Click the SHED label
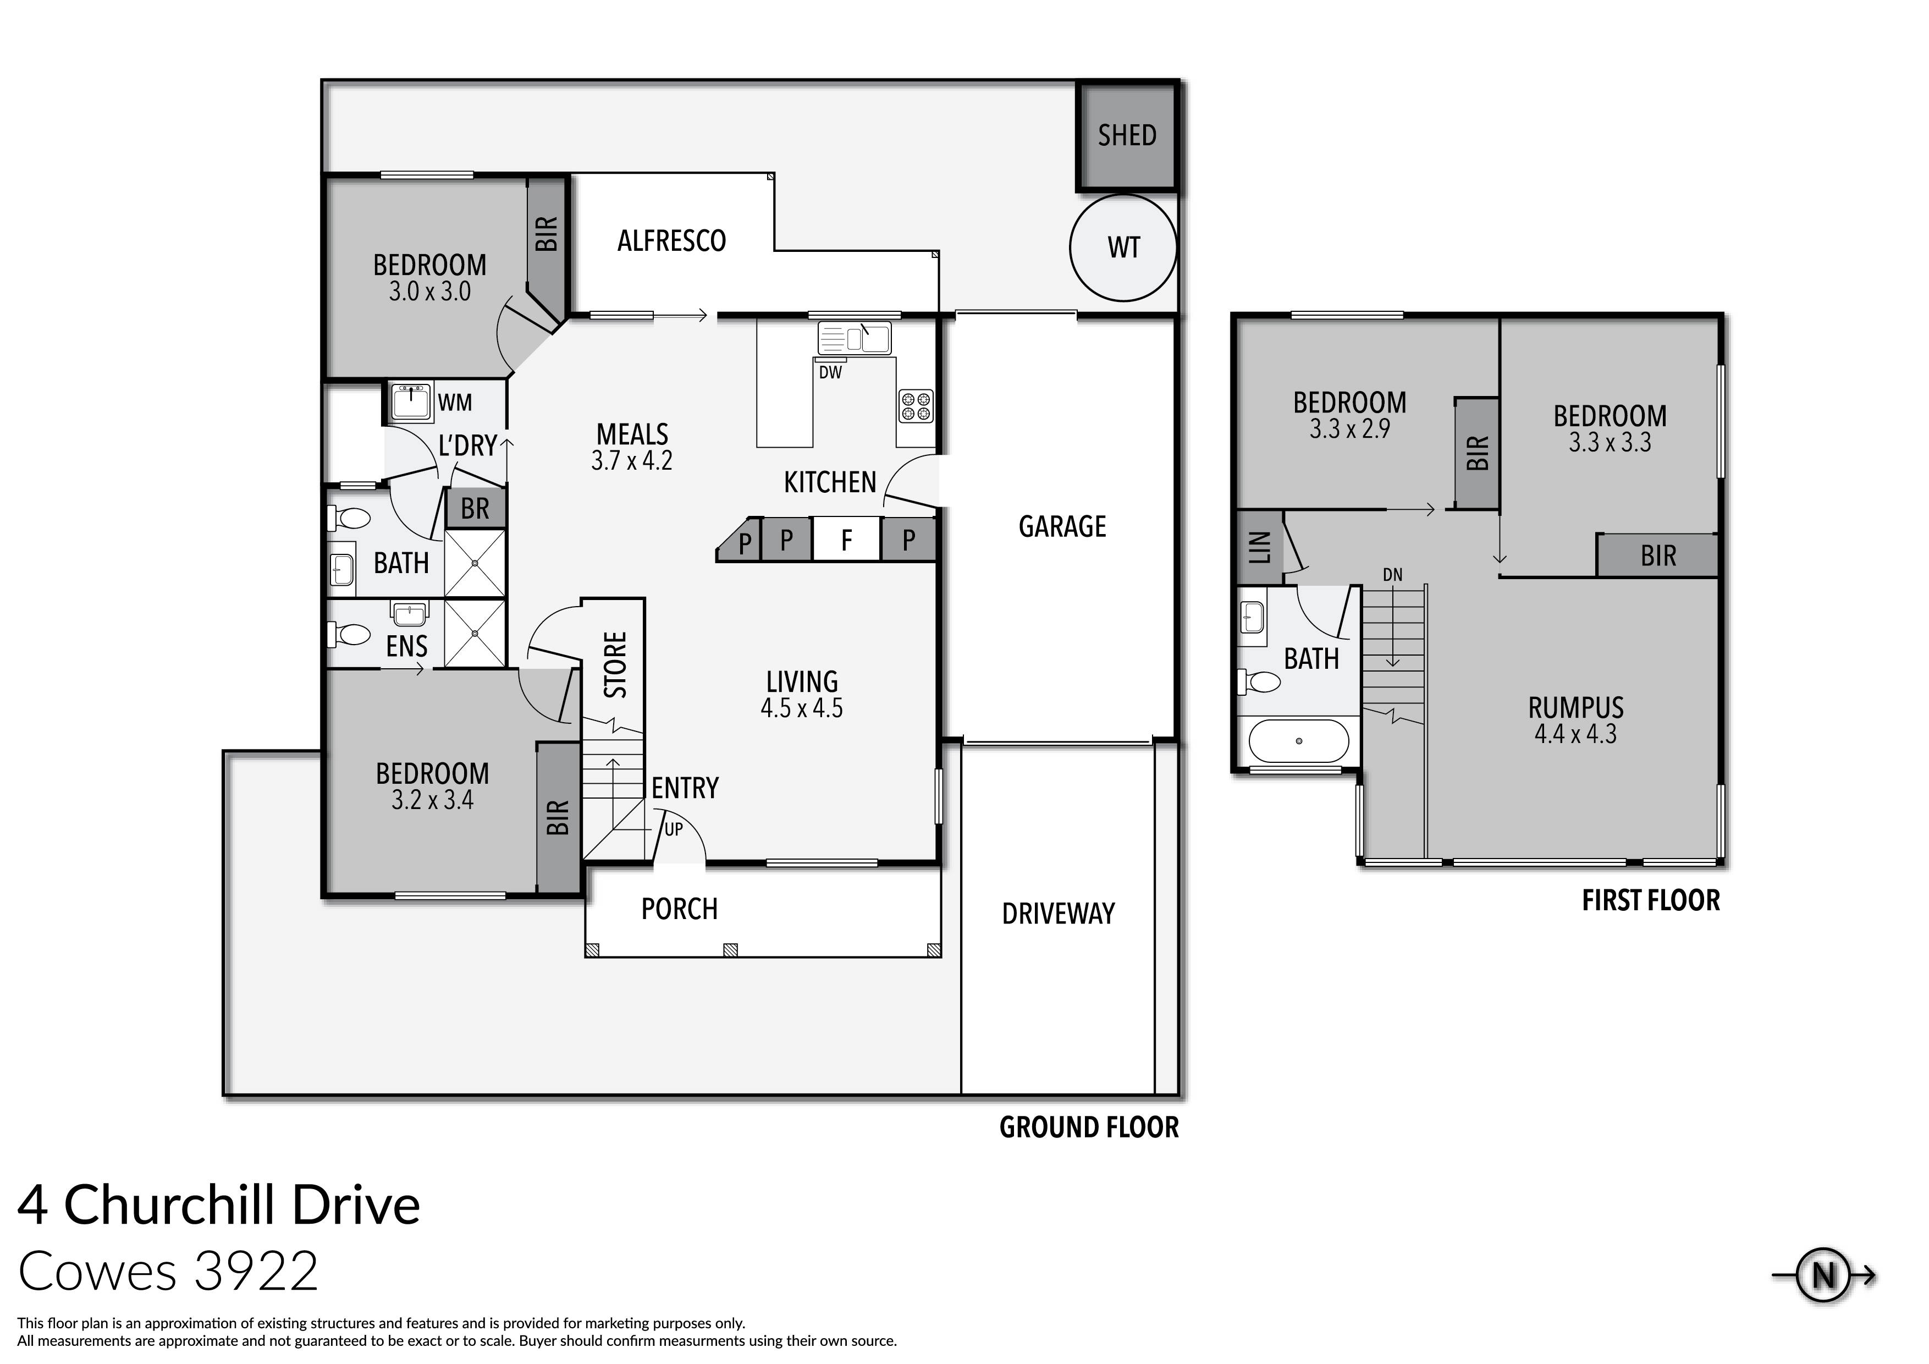click(1127, 135)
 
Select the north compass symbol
click(1823, 1276)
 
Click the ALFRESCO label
click(671, 241)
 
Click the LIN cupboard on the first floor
click(1259, 548)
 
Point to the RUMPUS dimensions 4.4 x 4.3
click(1575, 735)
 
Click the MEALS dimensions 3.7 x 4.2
click(632, 460)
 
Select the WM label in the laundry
click(455, 403)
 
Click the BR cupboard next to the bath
click(475, 508)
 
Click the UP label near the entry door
click(674, 829)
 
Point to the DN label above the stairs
click(1392, 575)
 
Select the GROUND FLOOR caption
click(1088, 1127)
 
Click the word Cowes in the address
click(97, 1272)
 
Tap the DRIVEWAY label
click(1058, 914)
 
